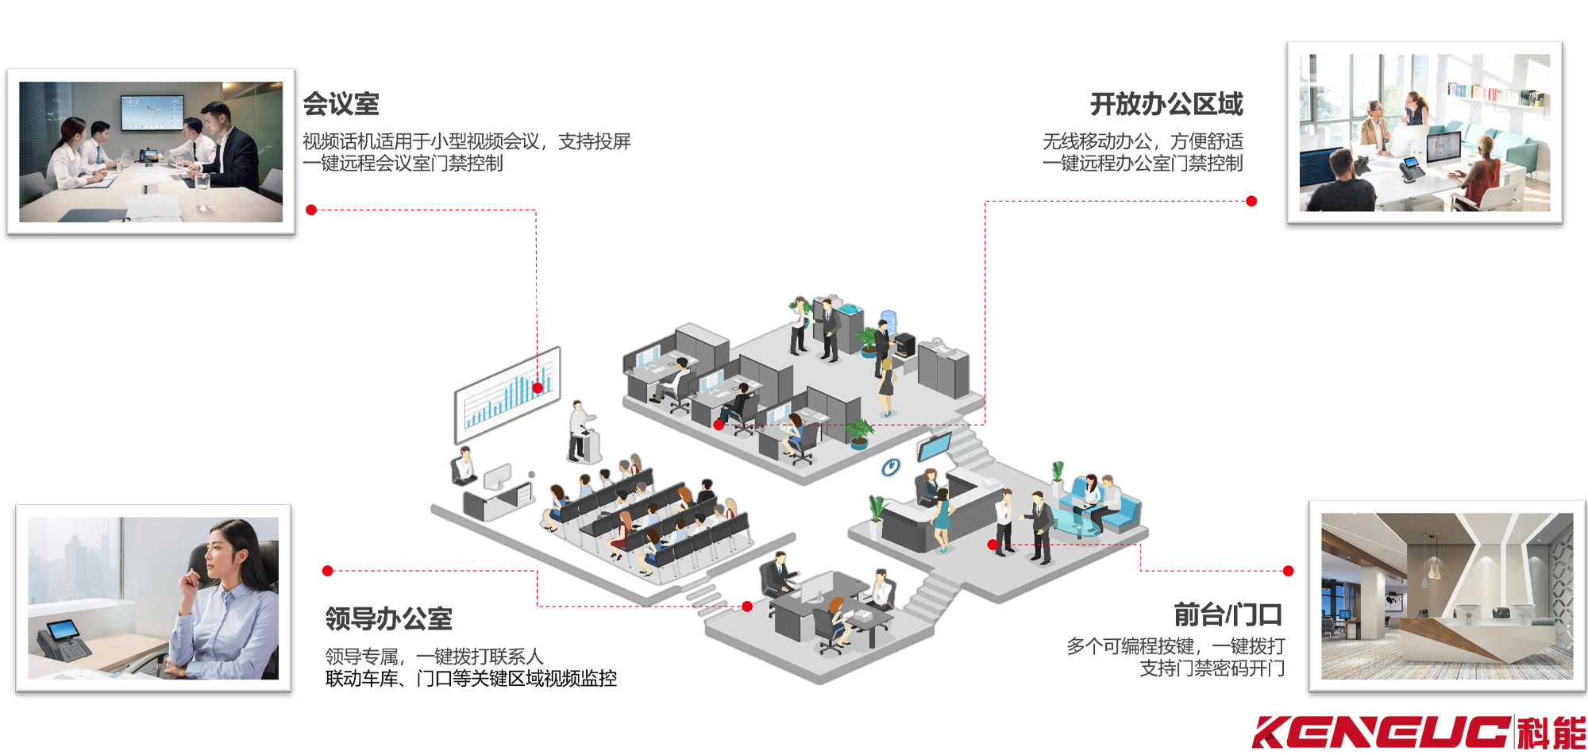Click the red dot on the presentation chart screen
538,387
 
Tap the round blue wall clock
892,467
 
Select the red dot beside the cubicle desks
719,425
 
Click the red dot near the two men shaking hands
992,545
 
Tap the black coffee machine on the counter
905,345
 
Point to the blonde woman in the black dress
886,386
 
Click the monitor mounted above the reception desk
934,446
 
